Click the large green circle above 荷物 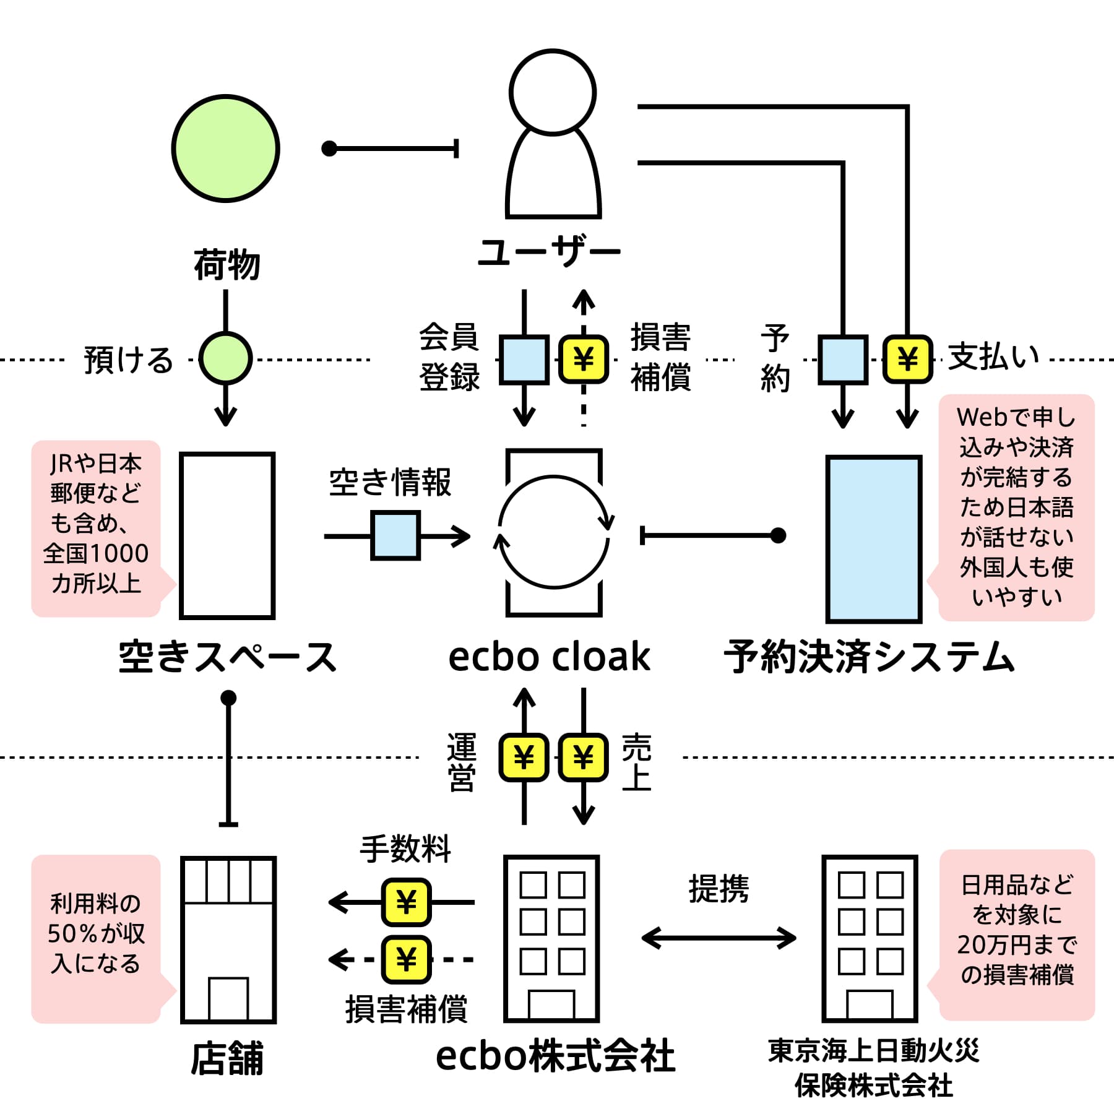pyautogui.click(x=225, y=149)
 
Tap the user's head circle pyautogui.click(x=553, y=92)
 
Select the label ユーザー pyautogui.click(x=549, y=252)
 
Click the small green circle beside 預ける pyautogui.click(x=225, y=358)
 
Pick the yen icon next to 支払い pyautogui.click(x=907, y=359)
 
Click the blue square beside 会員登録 pyautogui.click(x=524, y=360)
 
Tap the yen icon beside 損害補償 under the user pyautogui.click(x=584, y=360)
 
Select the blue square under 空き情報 pyautogui.click(x=395, y=535)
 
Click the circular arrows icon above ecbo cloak pyautogui.click(x=554, y=532)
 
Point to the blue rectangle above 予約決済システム pyautogui.click(x=874, y=539)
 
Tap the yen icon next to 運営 pyautogui.click(x=524, y=757)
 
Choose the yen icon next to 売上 pyautogui.click(x=584, y=757)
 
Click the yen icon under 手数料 pyautogui.click(x=406, y=902)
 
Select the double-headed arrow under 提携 pyautogui.click(x=719, y=938)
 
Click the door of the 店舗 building pyautogui.click(x=228, y=998)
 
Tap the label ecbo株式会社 pyautogui.click(x=555, y=1056)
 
